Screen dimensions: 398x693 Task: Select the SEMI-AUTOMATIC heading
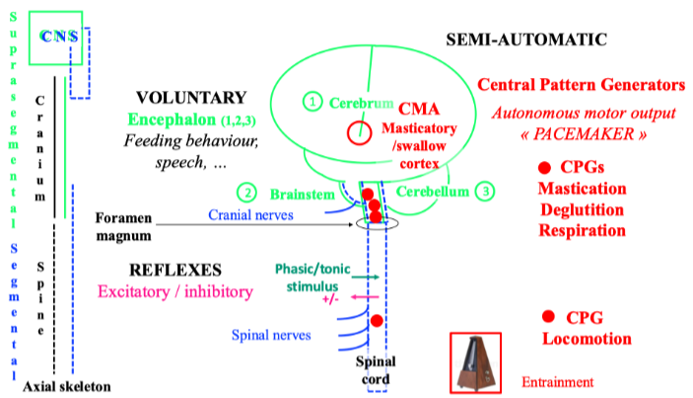[526, 40]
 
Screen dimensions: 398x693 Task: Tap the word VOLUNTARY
[191, 98]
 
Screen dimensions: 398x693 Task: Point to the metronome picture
[481, 360]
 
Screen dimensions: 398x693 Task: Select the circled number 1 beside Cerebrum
[312, 102]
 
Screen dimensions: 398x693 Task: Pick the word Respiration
[582, 230]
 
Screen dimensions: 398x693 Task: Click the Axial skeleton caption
[66, 385]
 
